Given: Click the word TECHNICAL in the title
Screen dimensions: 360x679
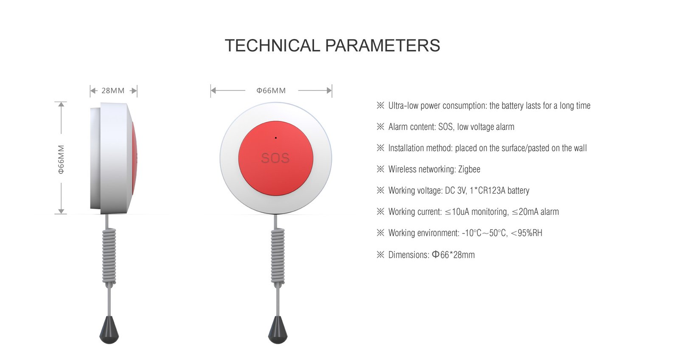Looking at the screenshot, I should pos(272,46).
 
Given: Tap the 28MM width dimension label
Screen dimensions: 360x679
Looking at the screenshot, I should pos(113,90).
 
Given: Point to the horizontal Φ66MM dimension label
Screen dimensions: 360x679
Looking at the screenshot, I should pos(271,90).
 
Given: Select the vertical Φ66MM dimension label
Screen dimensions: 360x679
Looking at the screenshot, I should pos(62,159).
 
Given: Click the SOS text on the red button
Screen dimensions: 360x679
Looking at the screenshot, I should pos(275,158).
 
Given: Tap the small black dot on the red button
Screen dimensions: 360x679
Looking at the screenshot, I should pos(276,138).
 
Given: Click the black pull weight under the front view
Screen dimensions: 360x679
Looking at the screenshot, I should pos(278,331).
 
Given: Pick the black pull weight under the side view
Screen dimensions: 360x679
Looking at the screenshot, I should pos(109,331).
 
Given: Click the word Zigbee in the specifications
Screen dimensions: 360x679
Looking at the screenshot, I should pos(469,169).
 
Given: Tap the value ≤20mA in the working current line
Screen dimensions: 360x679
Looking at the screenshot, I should pos(525,212).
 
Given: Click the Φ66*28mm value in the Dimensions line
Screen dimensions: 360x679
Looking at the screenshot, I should pos(453,255).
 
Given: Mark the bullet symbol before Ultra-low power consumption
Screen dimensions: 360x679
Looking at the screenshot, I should pos(380,105).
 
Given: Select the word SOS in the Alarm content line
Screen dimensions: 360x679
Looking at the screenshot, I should pos(445,127).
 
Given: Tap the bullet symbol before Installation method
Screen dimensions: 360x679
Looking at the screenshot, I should pos(380,148).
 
